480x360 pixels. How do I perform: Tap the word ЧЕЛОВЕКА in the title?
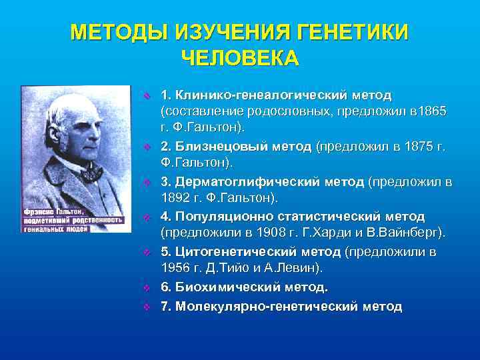pyautogui.click(x=240, y=58)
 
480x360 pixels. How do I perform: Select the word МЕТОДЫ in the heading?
pyautogui.click(x=118, y=33)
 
